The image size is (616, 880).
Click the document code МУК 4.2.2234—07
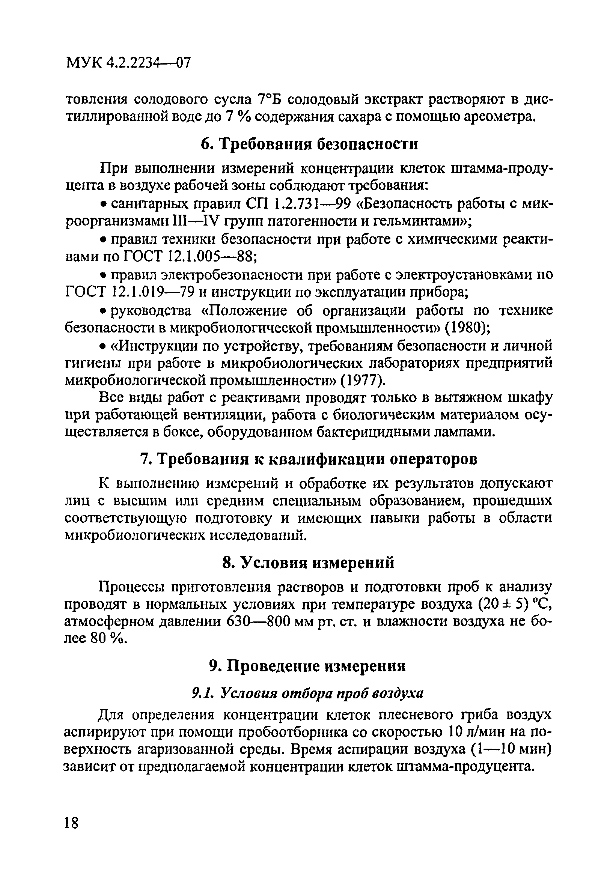pyautogui.click(x=128, y=62)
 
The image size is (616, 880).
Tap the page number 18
pyautogui.click(x=71, y=821)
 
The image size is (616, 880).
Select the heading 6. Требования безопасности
pyautogui.click(x=309, y=144)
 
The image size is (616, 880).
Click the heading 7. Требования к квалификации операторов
pyautogui.click(x=309, y=459)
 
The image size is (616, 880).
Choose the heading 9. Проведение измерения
pyautogui.click(x=307, y=666)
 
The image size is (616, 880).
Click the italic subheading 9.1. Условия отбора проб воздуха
pyautogui.click(x=307, y=693)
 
